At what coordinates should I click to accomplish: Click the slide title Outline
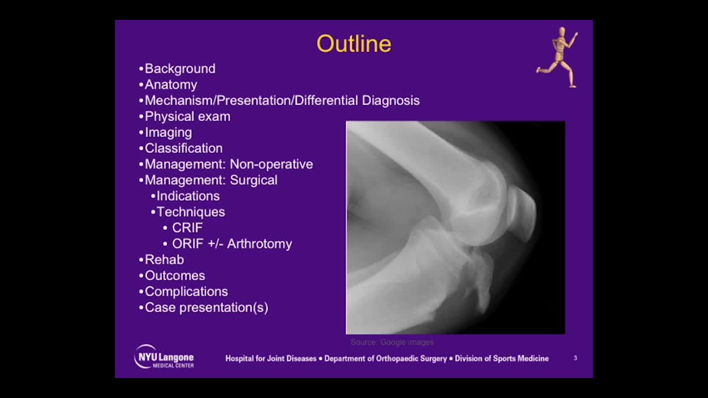[x=353, y=44]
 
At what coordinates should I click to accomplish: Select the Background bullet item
[x=180, y=69]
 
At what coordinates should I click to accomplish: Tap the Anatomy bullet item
[x=170, y=85]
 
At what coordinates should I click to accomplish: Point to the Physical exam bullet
[x=187, y=117]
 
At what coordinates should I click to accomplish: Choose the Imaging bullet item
[x=168, y=133]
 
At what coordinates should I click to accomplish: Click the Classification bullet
[x=183, y=148]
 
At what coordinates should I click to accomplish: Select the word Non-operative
[x=271, y=164]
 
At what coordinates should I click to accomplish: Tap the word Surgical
[x=253, y=180]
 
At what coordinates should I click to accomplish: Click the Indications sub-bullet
[x=188, y=196]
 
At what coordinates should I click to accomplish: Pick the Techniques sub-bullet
[x=190, y=212]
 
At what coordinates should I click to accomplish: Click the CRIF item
[x=187, y=228]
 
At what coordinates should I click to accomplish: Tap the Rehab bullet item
[x=164, y=260]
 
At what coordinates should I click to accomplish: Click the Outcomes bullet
[x=174, y=276]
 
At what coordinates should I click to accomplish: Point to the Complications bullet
[x=186, y=291]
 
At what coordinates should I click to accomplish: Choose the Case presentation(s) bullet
[x=206, y=307]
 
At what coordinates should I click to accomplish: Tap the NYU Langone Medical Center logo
[x=164, y=357]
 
